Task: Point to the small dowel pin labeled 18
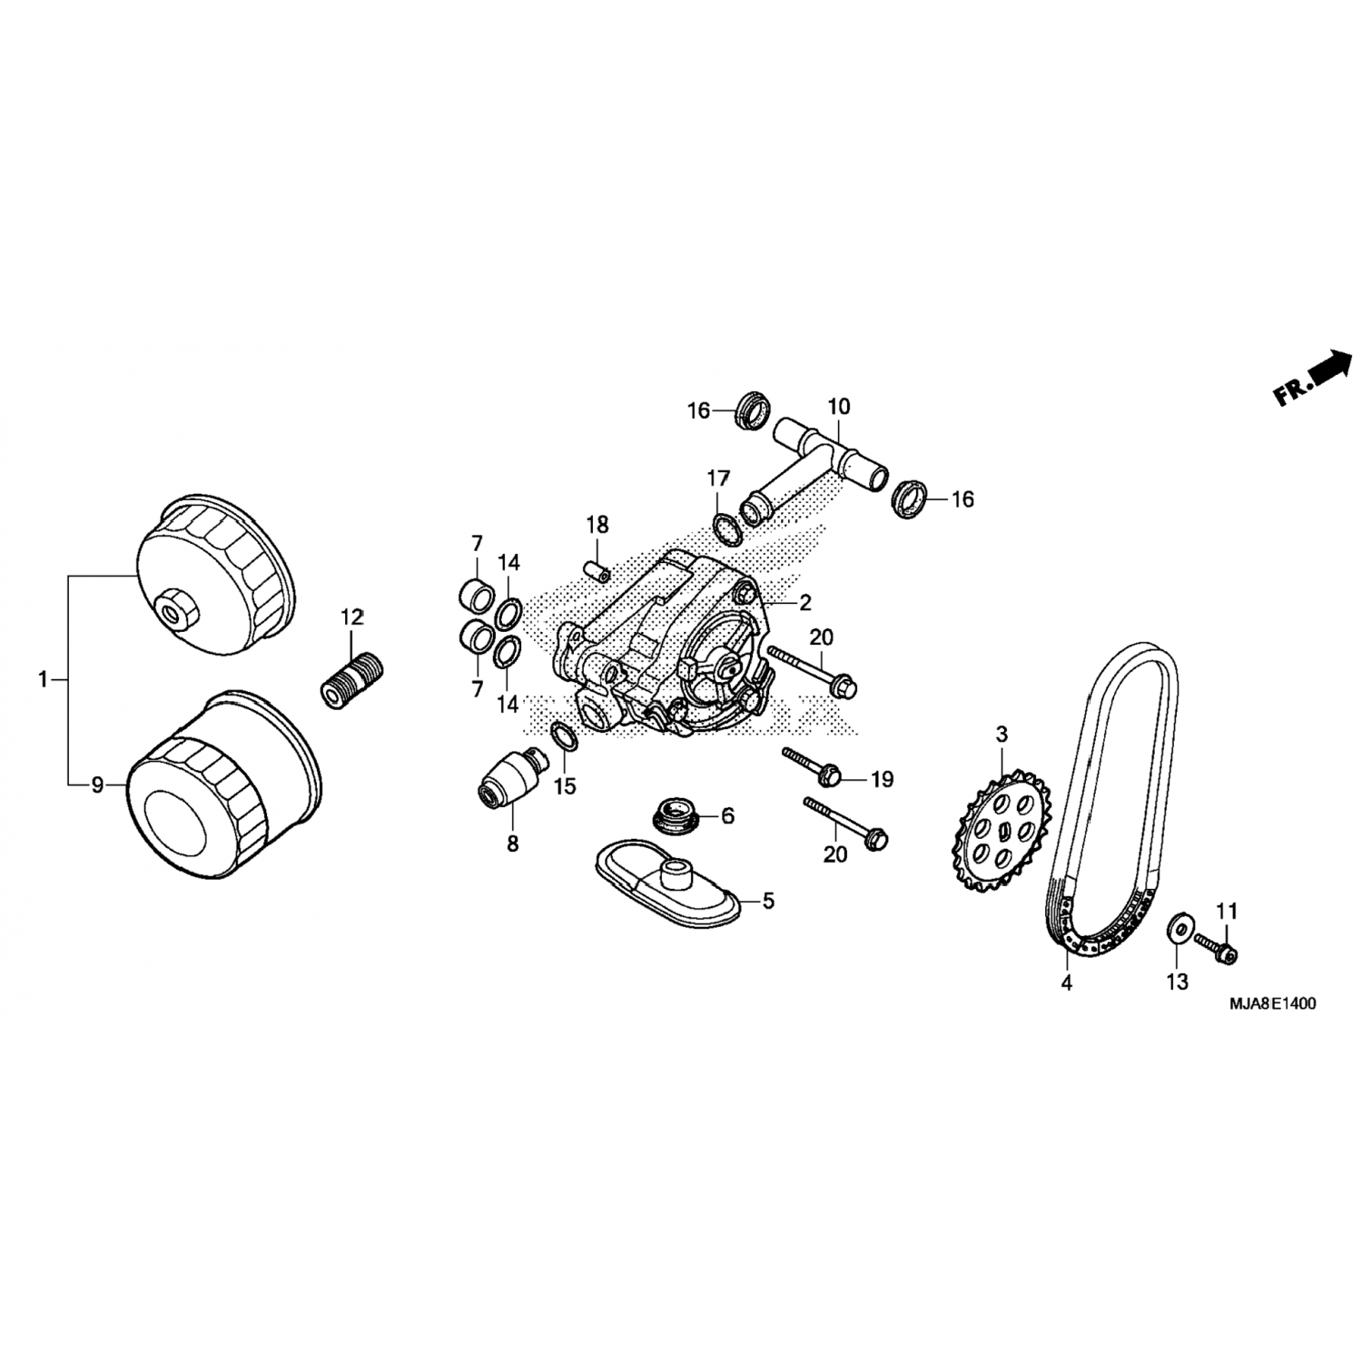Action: click(597, 575)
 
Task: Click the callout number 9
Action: click(98, 785)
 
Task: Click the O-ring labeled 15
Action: click(565, 736)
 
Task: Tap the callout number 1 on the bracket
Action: click(42, 678)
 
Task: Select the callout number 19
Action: click(882, 779)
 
